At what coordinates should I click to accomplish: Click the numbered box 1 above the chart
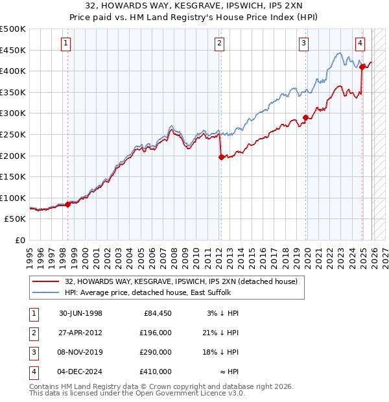[x=67, y=43]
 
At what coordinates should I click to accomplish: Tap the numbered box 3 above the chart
[x=303, y=43]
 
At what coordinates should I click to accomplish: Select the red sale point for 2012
[x=221, y=157]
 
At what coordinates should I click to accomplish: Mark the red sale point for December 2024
[x=362, y=67]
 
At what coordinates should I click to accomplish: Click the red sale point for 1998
[x=67, y=204]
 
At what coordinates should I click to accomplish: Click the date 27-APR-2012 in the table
[x=80, y=333]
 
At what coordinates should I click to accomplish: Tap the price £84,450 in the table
[x=158, y=313]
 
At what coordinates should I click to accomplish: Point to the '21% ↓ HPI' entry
[x=219, y=333]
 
